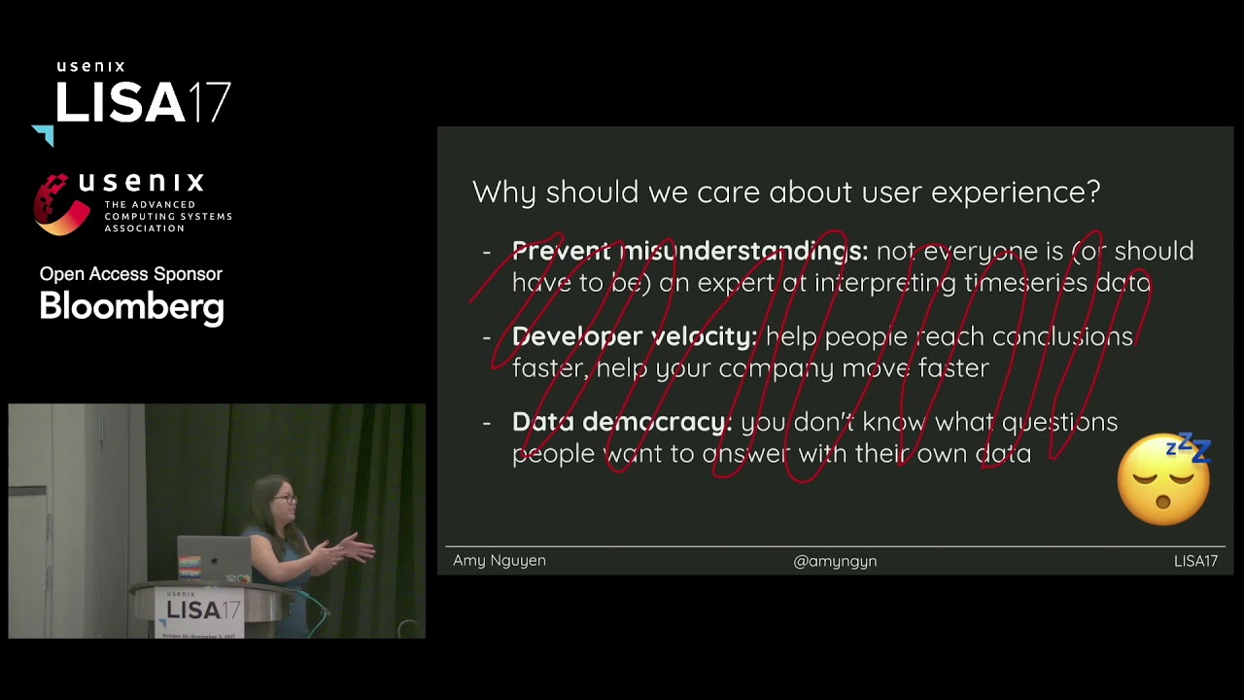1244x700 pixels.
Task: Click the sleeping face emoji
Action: coord(1163,480)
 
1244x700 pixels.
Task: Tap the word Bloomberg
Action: coord(132,307)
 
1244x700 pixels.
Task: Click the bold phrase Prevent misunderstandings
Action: coord(689,251)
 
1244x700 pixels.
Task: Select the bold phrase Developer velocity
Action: coord(634,336)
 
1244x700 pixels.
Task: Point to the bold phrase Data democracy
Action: coord(622,422)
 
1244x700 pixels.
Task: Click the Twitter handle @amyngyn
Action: coord(835,561)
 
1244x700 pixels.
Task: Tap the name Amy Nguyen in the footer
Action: coord(500,561)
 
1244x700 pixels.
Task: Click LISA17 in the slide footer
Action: coord(1195,561)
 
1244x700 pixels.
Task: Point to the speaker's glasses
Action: coord(284,499)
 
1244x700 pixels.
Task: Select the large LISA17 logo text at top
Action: coord(142,103)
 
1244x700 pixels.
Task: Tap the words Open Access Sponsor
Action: coord(131,274)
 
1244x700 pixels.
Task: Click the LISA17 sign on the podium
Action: coord(202,610)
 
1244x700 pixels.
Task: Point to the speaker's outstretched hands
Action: coord(356,549)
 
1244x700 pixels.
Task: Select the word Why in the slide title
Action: coord(504,192)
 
